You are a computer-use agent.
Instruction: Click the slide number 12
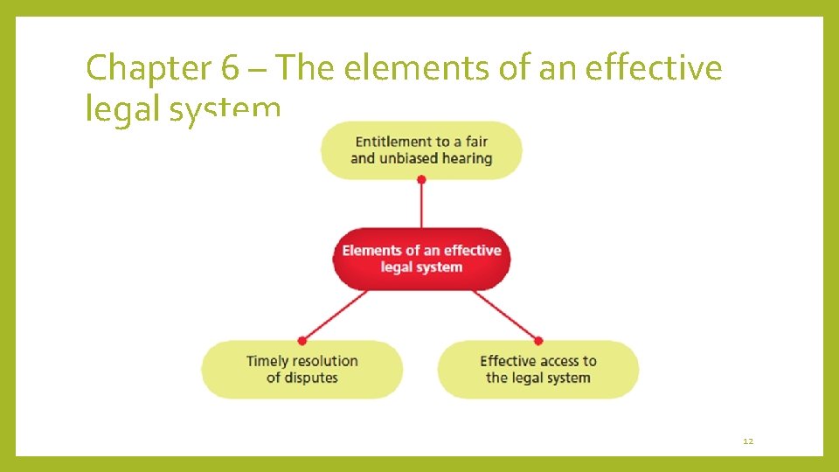[x=747, y=441]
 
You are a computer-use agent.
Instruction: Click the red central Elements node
[x=421, y=259]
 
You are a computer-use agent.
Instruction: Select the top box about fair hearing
[x=421, y=150]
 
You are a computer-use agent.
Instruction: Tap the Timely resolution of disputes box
[x=302, y=370]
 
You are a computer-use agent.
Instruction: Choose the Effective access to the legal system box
[x=537, y=370]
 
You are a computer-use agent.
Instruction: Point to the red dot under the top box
[x=421, y=179]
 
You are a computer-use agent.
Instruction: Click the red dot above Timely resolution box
[x=302, y=340]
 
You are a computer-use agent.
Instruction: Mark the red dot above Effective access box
[x=538, y=340]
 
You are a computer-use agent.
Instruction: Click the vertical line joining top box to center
[x=421, y=205]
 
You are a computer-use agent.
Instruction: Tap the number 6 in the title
[x=219, y=68]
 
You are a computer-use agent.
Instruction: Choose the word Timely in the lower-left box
[x=267, y=361]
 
